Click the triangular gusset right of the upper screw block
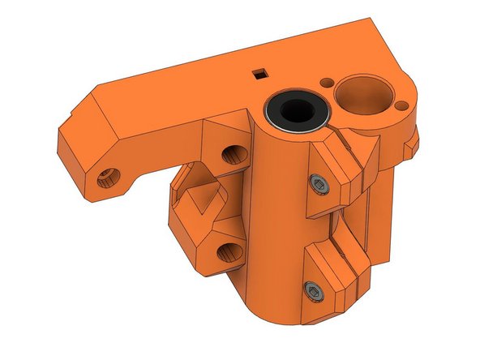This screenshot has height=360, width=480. (x=361, y=150)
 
